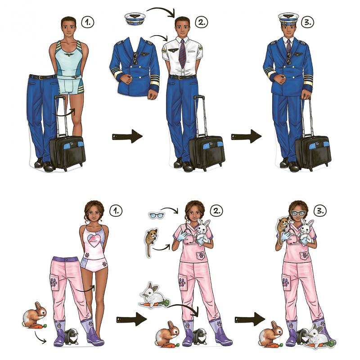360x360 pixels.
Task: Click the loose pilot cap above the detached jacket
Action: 134,18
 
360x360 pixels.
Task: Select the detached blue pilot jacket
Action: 134,67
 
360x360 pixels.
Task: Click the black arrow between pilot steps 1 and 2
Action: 127,136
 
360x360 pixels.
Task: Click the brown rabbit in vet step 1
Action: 35,314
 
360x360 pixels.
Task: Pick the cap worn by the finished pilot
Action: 288,18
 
